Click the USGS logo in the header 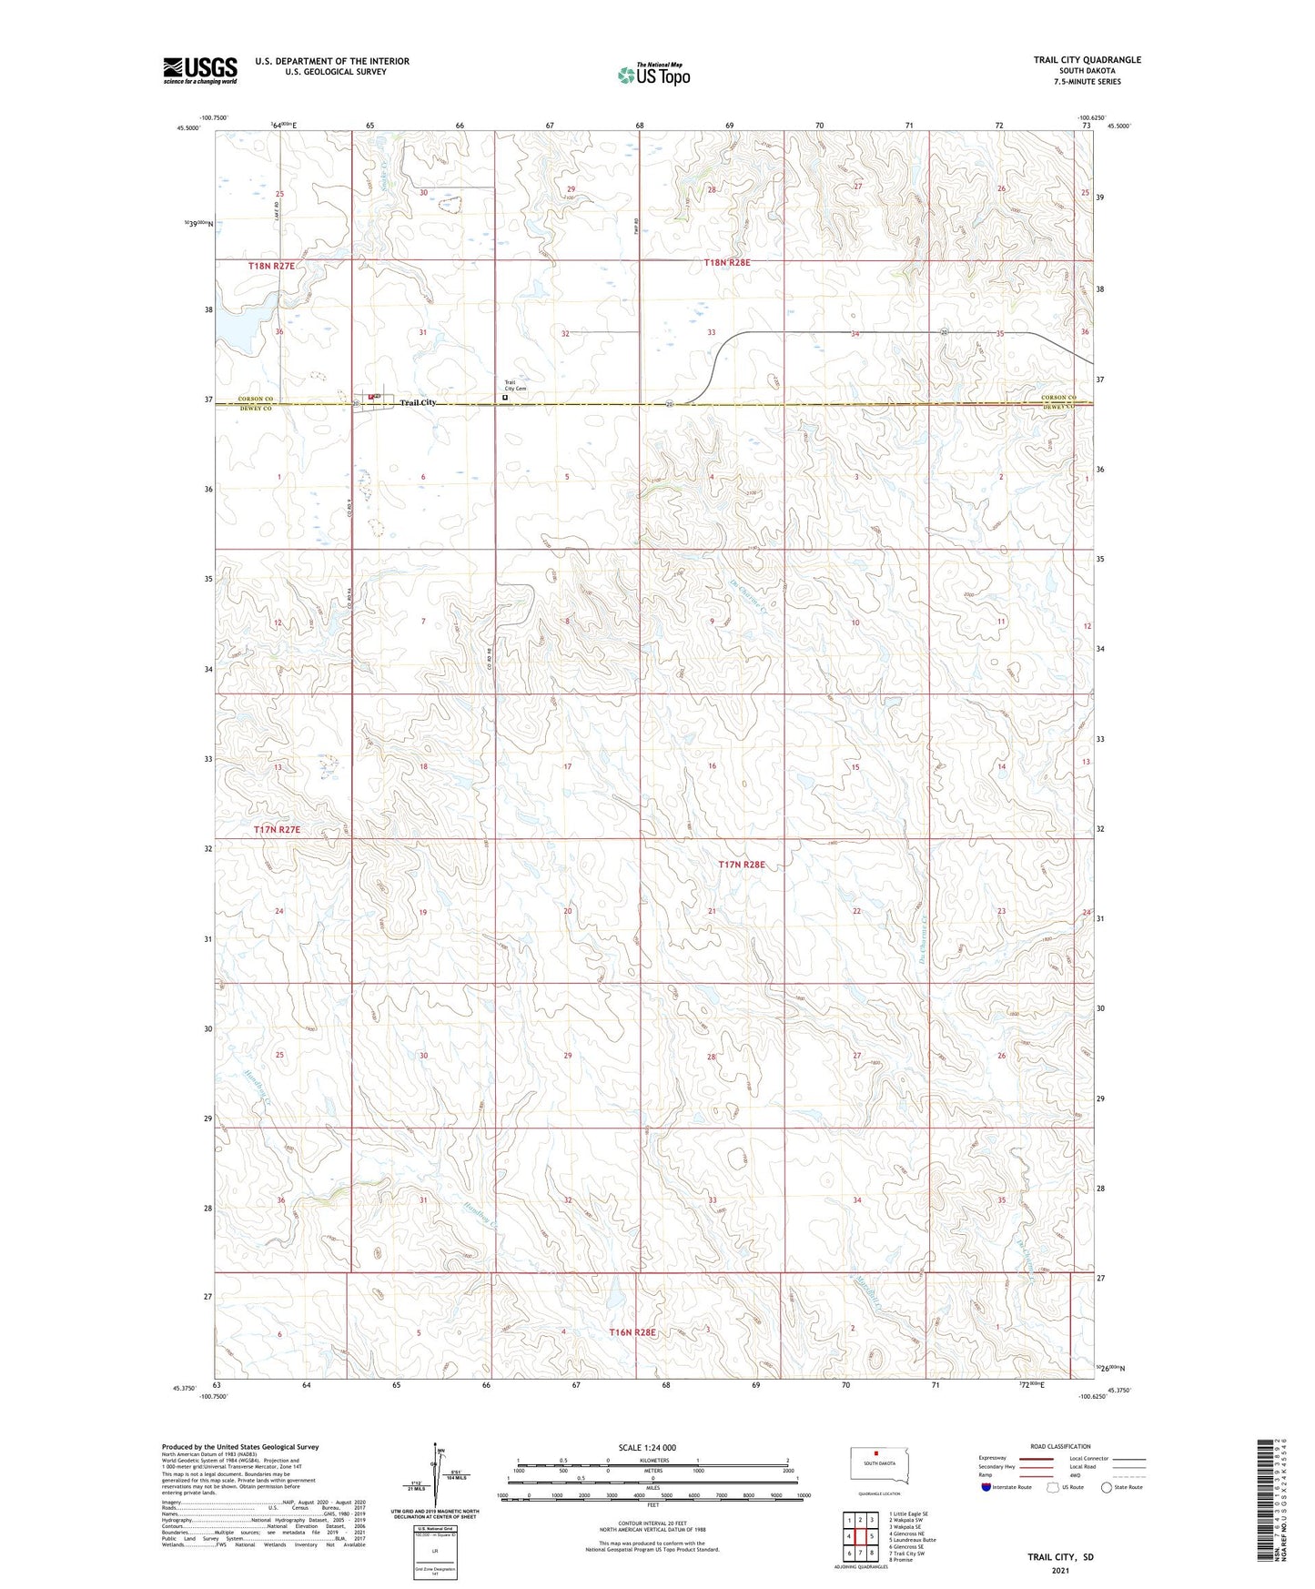(200, 70)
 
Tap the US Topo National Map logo (653, 75)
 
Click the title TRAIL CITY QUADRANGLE (1087, 60)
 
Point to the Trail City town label (418, 402)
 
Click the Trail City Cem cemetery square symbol (505, 398)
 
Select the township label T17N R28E (742, 865)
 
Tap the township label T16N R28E (632, 1331)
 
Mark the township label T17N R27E (277, 830)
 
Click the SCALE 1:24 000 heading (647, 1447)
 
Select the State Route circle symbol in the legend (1107, 1487)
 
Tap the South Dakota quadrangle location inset (873, 1467)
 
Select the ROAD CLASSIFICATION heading (1060, 1446)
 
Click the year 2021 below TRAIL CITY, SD (1060, 1571)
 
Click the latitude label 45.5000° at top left (188, 128)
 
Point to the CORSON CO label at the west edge (256, 399)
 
